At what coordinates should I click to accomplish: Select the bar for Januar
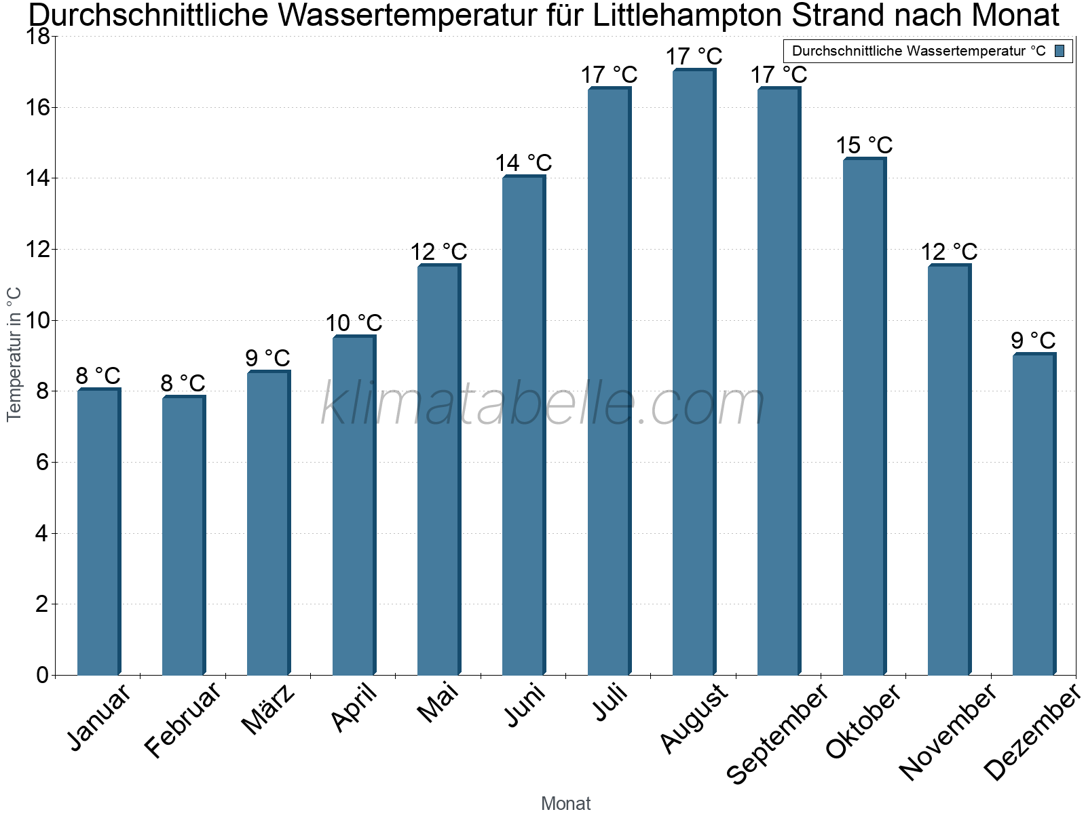(x=99, y=531)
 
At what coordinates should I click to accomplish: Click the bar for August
(x=694, y=372)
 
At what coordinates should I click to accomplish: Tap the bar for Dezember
(x=1034, y=513)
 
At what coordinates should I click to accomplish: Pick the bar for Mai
(x=439, y=469)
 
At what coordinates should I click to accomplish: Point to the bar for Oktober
(x=864, y=416)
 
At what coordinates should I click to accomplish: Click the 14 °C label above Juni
(x=523, y=163)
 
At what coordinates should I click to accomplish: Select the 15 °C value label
(x=864, y=145)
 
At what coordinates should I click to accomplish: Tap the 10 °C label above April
(x=354, y=324)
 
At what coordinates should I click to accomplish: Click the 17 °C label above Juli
(x=609, y=75)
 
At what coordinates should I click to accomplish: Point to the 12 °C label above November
(x=949, y=252)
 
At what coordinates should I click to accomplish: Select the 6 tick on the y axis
(x=43, y=463)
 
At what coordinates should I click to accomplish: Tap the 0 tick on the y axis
(x=43, y=675)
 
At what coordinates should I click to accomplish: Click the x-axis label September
(x=776, y=733)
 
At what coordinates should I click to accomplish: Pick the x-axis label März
(x=267, y=709)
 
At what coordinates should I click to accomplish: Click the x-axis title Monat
(x=566, y=803)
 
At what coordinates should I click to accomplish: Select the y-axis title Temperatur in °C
(x=14, y=354)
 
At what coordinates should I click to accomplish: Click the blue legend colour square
(x=1060, y=51)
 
